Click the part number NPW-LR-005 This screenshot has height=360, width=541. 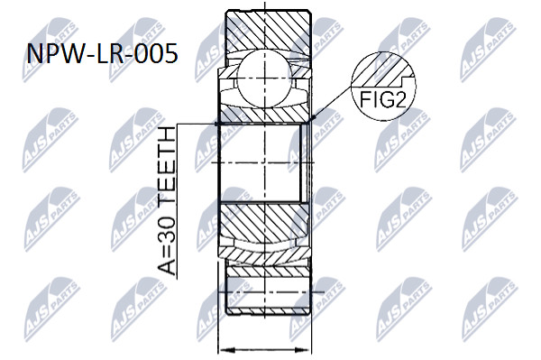pos(103,54)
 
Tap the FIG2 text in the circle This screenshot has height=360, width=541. pos(382,99)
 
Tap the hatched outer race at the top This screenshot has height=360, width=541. pos(268,31)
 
